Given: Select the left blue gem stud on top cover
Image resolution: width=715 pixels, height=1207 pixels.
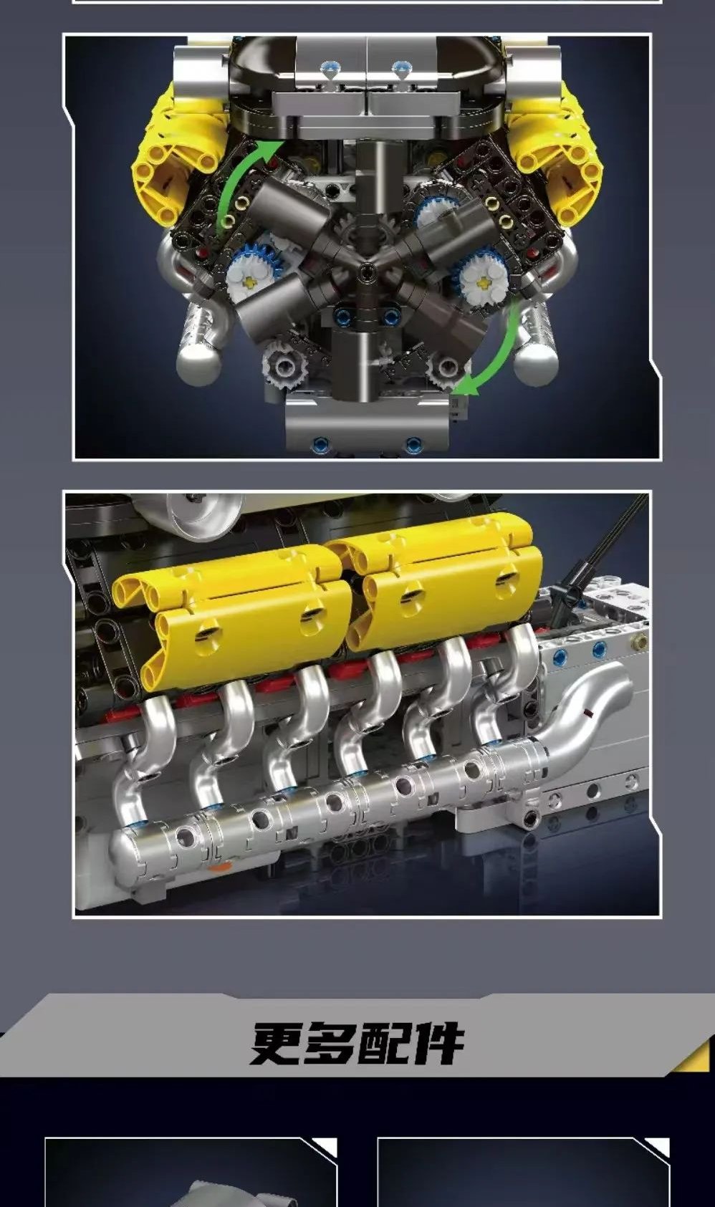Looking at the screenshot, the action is pos(327,67).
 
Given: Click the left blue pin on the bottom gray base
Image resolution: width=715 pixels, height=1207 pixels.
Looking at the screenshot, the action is pos(320,443).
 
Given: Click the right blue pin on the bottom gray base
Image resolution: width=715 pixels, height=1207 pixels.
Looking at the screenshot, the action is pos(413,443).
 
